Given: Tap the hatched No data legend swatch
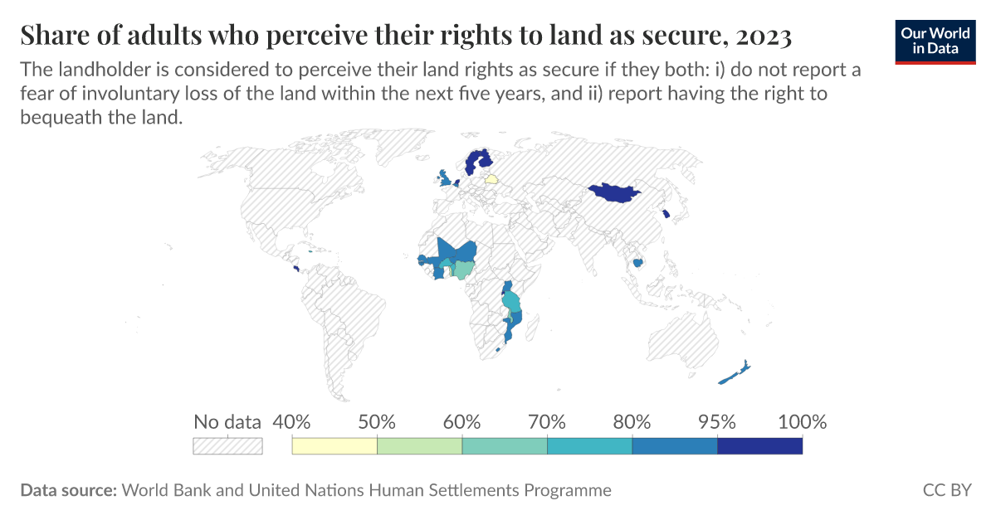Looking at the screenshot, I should point(227,446).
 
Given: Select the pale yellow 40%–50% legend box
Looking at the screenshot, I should point(334,446).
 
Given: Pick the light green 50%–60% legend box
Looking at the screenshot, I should point(419,446).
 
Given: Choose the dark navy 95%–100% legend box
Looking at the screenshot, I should point(759,446).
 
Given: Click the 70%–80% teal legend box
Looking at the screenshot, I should point(589,446).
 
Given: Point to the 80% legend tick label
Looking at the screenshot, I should point(632,421).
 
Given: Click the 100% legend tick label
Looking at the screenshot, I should point(802,421).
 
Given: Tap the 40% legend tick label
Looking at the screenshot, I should point(291,421).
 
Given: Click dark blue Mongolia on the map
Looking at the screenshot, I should point(613,192).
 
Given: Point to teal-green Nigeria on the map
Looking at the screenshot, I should point(466,269).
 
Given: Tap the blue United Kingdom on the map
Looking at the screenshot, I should point(446,179).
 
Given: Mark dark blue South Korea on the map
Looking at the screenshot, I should point(666,215).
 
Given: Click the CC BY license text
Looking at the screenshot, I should point(946,490).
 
